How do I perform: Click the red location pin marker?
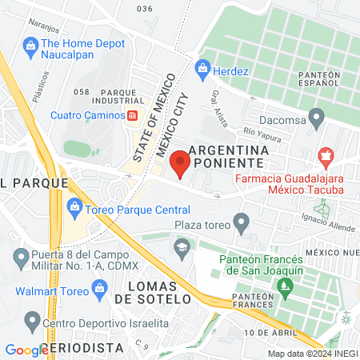182,162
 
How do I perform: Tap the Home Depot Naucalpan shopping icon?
30,46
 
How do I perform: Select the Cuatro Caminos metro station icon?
132,114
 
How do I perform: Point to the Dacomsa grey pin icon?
318,119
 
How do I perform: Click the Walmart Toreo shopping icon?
100,287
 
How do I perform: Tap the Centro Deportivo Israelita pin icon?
32,322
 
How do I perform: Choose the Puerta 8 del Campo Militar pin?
22,258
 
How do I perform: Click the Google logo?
26,350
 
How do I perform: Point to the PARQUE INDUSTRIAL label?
107,96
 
